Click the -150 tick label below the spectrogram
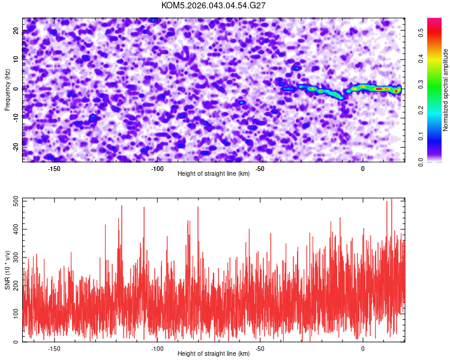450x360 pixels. click(x=54, y=169)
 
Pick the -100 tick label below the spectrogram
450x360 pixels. click(x=157, y=169)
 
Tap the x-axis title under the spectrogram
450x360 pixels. click(x=214, y=174)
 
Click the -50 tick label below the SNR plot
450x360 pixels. click(x=260, y=349)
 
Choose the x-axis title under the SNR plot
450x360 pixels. click(x=214, y=354)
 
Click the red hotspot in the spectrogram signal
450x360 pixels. click(x=378, y=89)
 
